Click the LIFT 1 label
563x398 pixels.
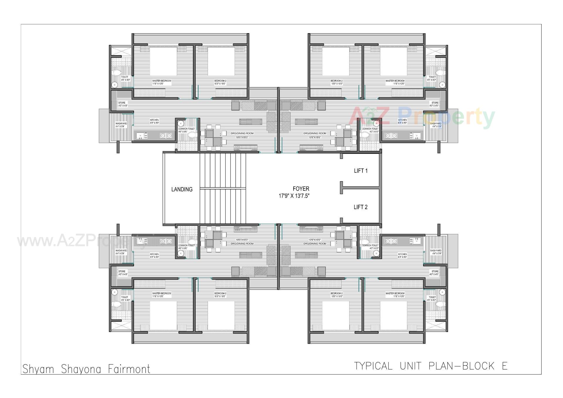[361, 171]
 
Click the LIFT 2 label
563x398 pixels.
[360, 207]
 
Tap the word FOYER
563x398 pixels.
[301, 189]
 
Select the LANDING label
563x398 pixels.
[182, 189]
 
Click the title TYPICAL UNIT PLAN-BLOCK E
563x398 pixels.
[431, 366]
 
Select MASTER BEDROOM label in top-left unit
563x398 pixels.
[162, 81]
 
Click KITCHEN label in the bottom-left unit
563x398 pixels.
[154, 254]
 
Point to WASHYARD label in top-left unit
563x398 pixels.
[121, 124]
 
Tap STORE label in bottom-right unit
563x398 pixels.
[435, 272]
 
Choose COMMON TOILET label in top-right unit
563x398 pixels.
[370, 129]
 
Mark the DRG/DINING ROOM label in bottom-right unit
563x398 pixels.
[315, 244]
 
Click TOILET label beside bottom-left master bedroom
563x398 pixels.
[125, 297]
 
